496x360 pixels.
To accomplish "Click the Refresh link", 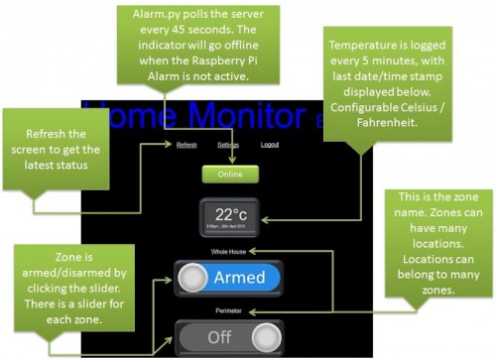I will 186,145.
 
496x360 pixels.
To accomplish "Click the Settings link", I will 228,145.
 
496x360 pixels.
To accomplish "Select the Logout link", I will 270,145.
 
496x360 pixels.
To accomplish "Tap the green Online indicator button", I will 230,174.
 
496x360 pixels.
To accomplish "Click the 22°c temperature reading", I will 231,212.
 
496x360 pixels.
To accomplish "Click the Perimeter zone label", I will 230,310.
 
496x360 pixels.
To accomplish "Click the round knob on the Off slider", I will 265,337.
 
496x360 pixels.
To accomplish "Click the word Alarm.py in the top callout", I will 144,17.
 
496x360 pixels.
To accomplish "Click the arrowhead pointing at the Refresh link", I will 168,145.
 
